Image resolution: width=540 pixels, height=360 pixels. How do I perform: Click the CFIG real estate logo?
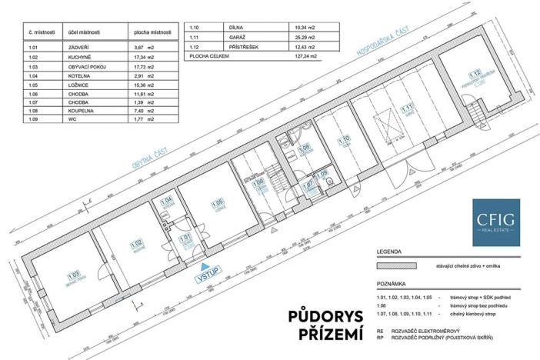495,222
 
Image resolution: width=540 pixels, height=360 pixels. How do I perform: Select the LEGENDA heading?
388,252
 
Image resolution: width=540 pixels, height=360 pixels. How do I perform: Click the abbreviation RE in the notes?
380,332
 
